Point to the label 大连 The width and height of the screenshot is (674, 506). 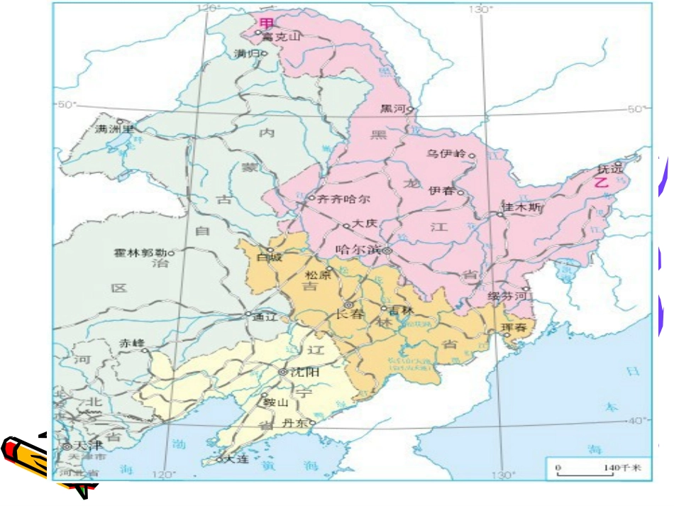pos(236,459)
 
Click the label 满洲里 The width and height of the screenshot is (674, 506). pos(114,129)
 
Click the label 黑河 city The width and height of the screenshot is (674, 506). pos(392,109)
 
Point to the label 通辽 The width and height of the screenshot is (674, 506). pos(263,317)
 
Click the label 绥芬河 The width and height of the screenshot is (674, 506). pos(508,296)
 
